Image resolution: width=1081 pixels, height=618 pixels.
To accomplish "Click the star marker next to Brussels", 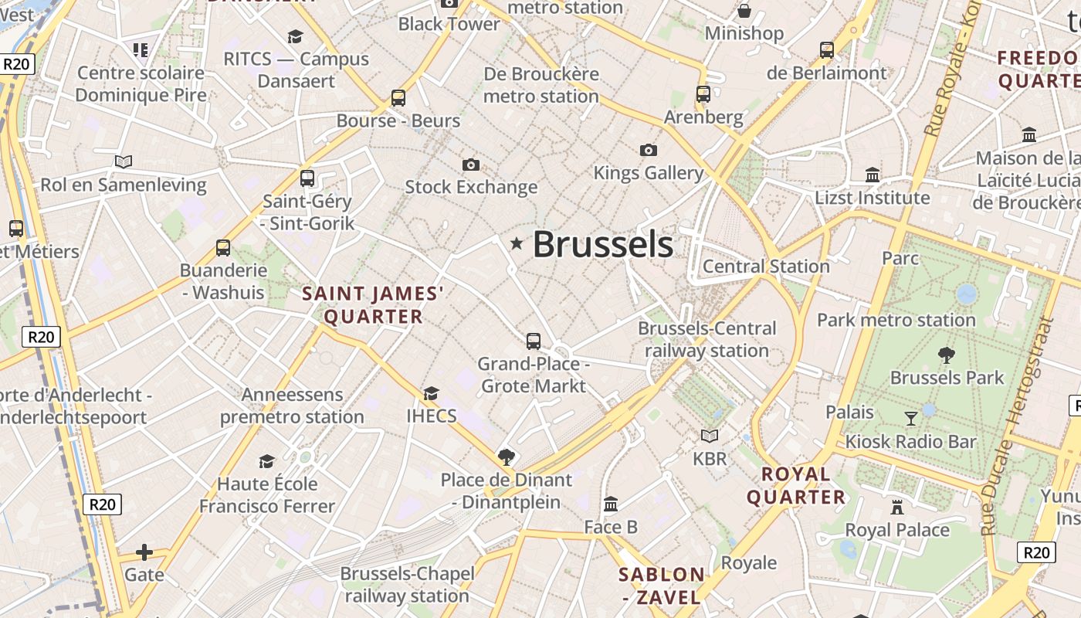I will [517, 244].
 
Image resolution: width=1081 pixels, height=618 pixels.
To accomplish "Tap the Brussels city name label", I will [602, 245].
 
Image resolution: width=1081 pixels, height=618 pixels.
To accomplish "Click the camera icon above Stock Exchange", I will [470, 165].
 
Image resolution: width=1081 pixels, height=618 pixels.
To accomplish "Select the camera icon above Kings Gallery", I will [649, 150].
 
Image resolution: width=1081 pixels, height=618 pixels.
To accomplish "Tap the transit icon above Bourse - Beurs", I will [398, 98].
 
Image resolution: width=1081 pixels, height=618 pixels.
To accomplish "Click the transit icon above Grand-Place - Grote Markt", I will [533, 341].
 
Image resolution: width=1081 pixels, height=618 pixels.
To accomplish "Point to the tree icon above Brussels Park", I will [946, 355].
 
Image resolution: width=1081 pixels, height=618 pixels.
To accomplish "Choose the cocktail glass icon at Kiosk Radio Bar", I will [911, 419].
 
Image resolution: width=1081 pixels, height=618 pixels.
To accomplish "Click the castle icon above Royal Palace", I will [896, 508].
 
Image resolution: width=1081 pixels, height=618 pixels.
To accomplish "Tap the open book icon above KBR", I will [709, 436].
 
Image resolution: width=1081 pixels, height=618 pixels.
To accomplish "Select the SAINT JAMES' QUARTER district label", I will [373, 305].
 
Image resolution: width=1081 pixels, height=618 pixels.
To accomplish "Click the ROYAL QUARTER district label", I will [795, 486].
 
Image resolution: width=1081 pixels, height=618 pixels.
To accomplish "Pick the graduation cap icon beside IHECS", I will [431, 394].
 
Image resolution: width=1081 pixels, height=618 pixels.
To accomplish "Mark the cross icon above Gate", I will [144, 552].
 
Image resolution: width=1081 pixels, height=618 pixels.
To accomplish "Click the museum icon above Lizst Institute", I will [873, 175].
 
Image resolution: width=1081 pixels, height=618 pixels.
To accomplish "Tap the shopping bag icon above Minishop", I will [744, 11].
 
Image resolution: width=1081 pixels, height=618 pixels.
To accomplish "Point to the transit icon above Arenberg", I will [703, 94].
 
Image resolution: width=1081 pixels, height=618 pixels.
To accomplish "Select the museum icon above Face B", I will [611, 504].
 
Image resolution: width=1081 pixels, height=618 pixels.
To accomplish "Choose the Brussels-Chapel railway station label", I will [406, 585].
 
